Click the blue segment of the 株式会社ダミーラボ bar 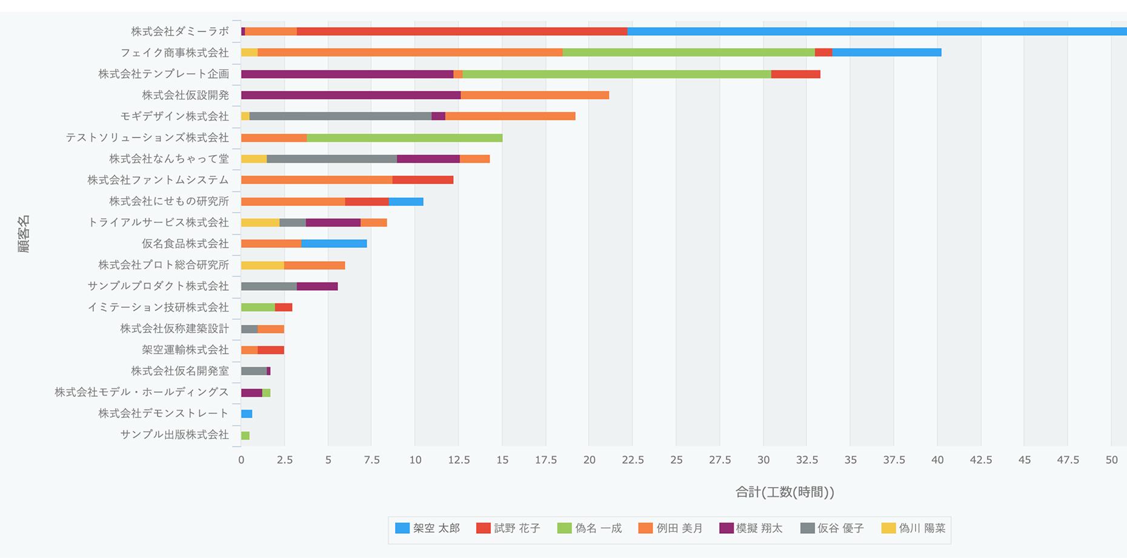click(x=876, y=32)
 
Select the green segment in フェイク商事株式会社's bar click(x=688, y=53)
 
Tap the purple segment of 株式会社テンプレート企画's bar click(x=347, y=74)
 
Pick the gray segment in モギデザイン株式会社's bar click(x=340, y=116)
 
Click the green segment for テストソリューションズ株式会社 click(x=404, y=138)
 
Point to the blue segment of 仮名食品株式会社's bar click(x=334, y=244)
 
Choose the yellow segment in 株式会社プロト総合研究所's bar click(x=262, y=265)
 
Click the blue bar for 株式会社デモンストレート click(x=247, y=414)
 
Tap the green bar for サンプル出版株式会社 click(x=245, y=435)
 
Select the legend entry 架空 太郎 click(x=428, y=528)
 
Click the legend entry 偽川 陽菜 click(x=914, y=528)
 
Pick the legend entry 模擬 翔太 click(x=751, y=528)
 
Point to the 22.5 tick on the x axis click(x=633, y=460)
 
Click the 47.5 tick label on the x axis click(x=1068, y=460)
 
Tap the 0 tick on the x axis click(x=241, y=460)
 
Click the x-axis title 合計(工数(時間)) click(x=785, y=492)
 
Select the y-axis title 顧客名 click(x=24, y=233)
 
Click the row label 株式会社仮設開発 click(x=185, y=95)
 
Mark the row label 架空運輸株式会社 click(x=185, y=350)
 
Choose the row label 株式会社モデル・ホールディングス click(x=142, y=392)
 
